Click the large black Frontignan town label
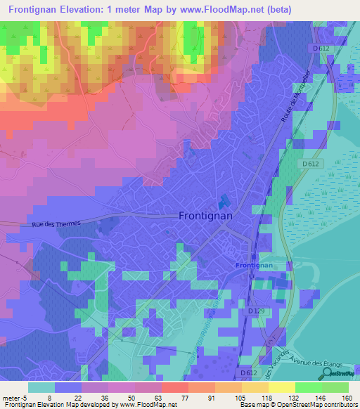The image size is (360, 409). (x=205, y=217)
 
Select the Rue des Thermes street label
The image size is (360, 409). (x=57, y=223)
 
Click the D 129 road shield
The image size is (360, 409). (x=257, y=310)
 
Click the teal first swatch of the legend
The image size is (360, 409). (x=41, y=387)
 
